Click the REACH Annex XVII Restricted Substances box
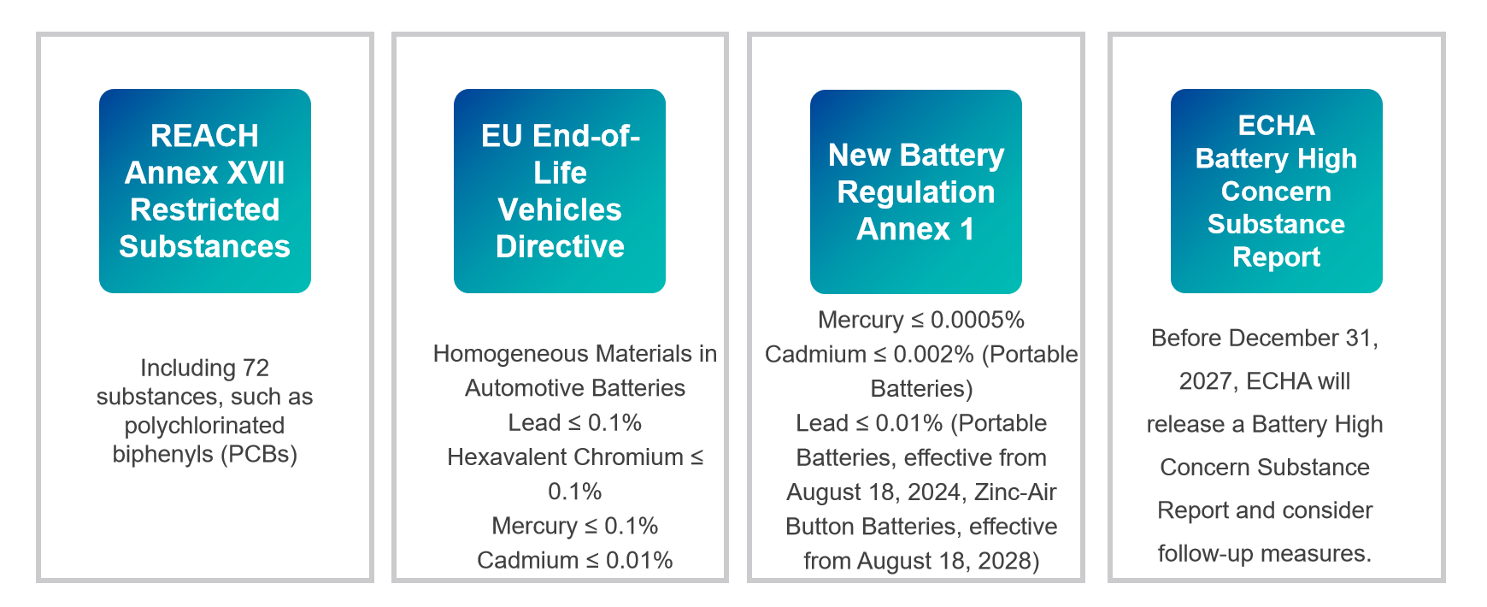[x=205, y=191]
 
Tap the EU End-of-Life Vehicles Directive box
[x=560, y=191]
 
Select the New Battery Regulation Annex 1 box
[x=916, y=192]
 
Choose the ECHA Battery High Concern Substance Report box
[x=1276, y=191]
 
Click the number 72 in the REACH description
[x=256, y=368]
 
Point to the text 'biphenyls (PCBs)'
[x=205, y=454]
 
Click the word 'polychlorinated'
[x=205, y=425]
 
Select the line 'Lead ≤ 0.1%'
[x=575, y=422]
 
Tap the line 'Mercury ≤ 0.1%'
[x=575, y=526]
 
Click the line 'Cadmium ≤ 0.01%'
[x=575, y=560]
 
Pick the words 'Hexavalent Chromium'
[x=565, y=457]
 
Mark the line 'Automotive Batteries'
[x=575, y=388]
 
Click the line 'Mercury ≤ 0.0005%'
[x=921, y=320]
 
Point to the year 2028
[x=1002, y=561]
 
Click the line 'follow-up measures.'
[x=1265, y=553]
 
